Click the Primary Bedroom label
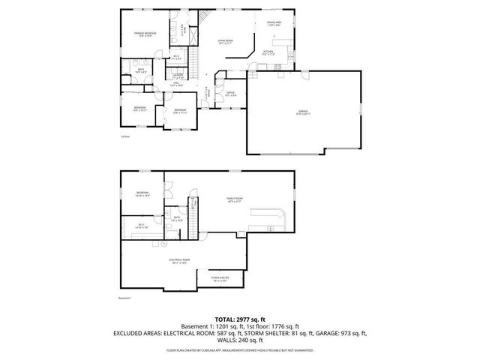tap(145, 34)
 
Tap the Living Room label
tap(225, 42)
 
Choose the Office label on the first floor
tap(231, 93)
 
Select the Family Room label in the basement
tap(235, 200)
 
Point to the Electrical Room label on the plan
tap(179, 260)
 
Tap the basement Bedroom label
tap(142, 193)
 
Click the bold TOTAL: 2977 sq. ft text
tap(239, 319)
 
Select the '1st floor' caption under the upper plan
tap(124, 136)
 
